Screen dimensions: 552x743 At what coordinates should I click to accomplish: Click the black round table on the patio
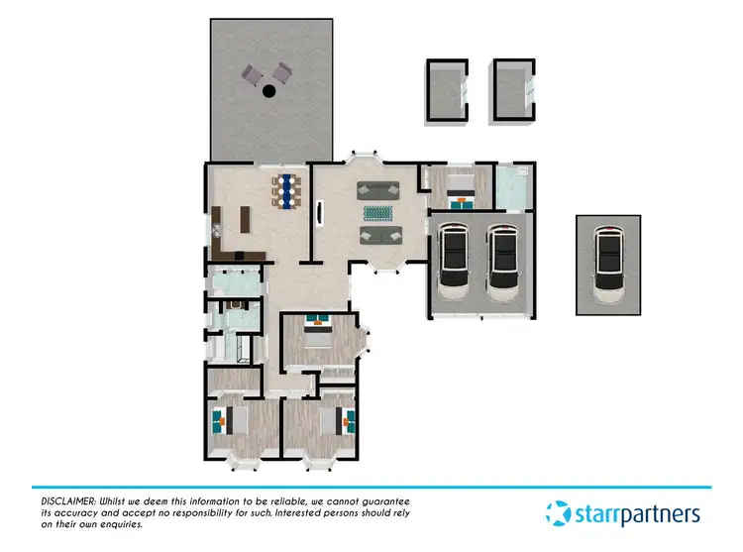click(268, 92)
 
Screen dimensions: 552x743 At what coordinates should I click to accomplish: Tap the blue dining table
click(285, 189)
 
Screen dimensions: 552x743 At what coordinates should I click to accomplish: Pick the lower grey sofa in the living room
click(379, 235)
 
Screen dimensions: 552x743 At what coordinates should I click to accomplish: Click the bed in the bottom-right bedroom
click(334, 422)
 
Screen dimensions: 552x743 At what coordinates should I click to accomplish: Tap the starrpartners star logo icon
click(559, 513)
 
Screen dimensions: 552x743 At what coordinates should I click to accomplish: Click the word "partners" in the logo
click(665, 514)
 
